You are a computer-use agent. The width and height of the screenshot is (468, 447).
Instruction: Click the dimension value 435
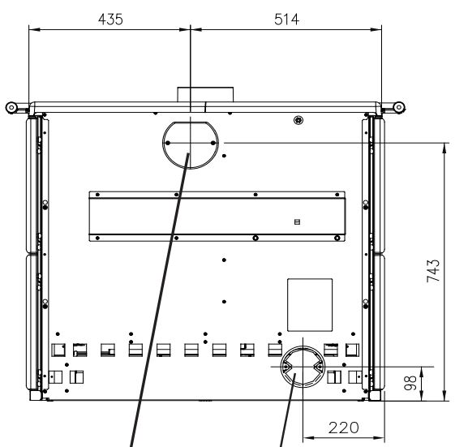tap(110, 19)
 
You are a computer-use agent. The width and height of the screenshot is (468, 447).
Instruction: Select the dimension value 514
tap(286, 19)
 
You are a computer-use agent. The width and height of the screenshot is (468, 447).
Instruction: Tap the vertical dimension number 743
tap(433, 271)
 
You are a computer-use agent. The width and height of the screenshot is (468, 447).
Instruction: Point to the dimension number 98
tap(410, 383)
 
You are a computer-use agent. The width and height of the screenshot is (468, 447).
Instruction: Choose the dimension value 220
tap(344, 428)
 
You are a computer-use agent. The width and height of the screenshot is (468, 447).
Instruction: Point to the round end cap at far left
tap(11, 108)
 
